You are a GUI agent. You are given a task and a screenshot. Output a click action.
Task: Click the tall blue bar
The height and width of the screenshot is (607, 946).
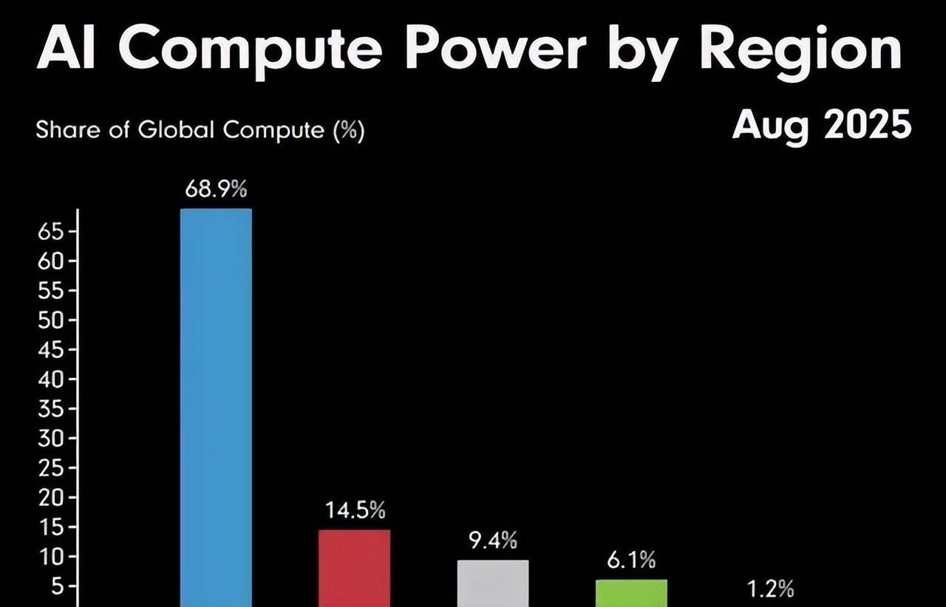[x=216, y=406]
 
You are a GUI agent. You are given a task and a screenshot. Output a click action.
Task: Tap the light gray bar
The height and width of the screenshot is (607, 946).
[x=493, y=583]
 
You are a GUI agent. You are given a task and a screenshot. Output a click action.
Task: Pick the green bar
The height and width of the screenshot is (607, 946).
[x=632, y=592]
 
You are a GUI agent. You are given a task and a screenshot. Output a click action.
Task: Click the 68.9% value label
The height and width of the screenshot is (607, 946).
[x=216, y=190]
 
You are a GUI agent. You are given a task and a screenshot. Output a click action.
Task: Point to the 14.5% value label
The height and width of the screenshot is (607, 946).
[x=355, y=510]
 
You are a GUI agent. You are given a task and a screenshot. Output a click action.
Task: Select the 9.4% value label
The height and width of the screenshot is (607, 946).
[x=493, y=541]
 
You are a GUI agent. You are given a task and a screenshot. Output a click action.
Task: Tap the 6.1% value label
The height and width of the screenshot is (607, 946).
[x=632, y=561]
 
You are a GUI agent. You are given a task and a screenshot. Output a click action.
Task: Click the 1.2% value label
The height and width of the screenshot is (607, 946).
[x=769, y=589]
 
